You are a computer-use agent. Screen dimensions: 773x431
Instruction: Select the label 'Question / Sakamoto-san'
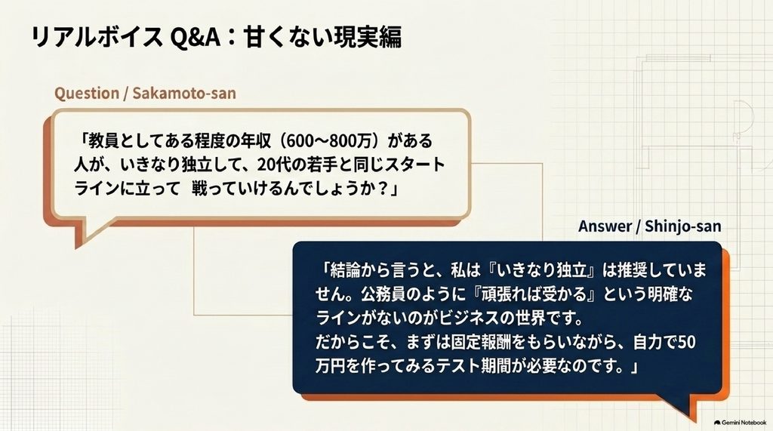145,93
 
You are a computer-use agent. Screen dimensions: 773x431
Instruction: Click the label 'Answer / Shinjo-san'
650,226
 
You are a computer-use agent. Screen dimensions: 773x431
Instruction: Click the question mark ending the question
381,189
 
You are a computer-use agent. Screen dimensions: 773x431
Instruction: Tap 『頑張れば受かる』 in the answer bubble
531,294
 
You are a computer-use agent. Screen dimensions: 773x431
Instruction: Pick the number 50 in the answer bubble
686,342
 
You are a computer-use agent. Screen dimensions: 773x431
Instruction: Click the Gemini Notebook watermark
740,423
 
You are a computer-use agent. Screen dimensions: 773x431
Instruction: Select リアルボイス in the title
96,37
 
